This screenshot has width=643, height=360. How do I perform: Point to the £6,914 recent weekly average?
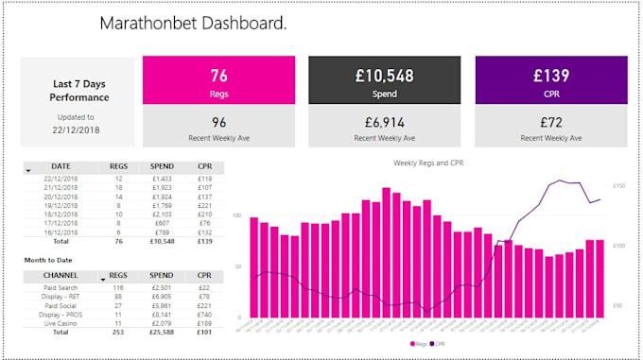click(384, 122)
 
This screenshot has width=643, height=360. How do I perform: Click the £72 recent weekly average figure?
click(550, 122)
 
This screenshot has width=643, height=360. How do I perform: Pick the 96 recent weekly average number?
click(218, 122)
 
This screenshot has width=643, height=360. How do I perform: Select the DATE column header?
click(61, 165)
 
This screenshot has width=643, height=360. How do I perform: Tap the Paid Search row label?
click(61, 287)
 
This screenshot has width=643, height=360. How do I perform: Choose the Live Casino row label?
click(61, 324)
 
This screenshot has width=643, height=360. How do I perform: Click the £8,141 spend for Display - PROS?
click(162, 316)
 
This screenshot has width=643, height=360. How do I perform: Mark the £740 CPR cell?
click(204, 316)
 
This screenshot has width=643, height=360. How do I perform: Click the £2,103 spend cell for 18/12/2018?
click(162, 214)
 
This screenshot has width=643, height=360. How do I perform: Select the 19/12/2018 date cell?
click(61, 205)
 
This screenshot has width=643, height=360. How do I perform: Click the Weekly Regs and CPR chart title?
click(428, 163)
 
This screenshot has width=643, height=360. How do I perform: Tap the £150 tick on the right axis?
click(619, 186)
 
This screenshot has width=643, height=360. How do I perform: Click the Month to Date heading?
click(49, 259)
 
